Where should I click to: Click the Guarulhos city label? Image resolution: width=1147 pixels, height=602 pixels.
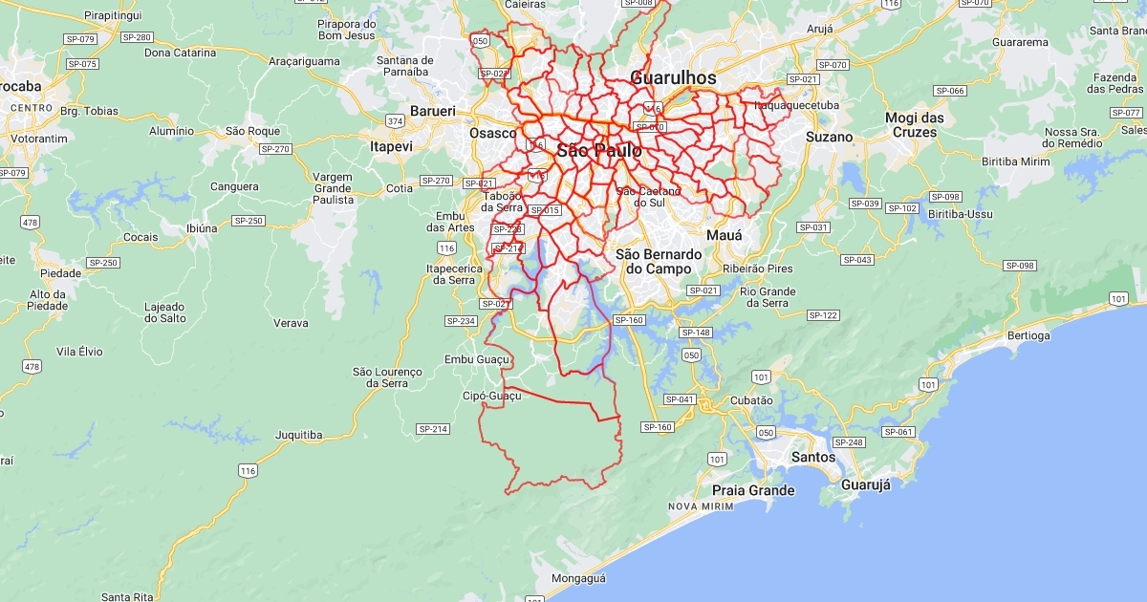click(673, 77)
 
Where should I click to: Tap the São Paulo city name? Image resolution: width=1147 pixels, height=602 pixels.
click(599, 151)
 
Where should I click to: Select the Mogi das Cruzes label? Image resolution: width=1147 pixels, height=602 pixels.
click(915, 125)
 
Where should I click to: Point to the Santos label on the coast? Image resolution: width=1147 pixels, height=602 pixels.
click(813, 458)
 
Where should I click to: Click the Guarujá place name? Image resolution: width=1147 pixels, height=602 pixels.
click(866, 484)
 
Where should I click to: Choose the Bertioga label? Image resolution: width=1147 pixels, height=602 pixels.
click(1028, 335)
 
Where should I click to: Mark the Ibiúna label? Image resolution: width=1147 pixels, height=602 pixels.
click(202, 228)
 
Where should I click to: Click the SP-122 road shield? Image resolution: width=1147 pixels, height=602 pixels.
click(822, 315)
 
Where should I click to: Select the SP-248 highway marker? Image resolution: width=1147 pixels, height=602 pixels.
click(848, 442)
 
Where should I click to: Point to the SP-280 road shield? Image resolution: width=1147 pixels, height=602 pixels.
click(137, 37)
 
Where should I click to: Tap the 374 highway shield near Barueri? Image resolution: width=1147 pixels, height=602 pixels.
click(395, 120)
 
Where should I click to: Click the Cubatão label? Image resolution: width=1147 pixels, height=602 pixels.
click(750, 401)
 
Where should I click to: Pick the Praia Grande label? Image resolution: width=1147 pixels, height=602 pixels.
click(753, 490)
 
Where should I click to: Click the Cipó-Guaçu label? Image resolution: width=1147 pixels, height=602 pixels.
click(492, 396)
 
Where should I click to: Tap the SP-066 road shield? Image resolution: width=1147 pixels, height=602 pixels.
click(949, 91)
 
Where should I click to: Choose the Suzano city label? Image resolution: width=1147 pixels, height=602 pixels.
click(828, 137)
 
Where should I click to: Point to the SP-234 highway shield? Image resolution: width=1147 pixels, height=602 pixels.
click(461, 321)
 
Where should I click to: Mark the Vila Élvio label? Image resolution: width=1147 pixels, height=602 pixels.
click(79, 352)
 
